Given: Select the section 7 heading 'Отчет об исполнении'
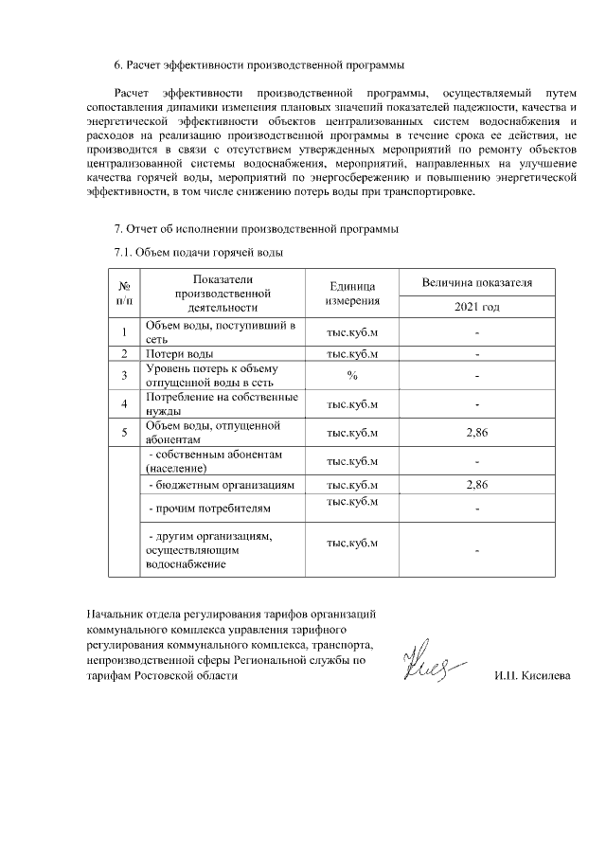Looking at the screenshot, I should point(256,229).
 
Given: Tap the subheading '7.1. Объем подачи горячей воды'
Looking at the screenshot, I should point(198,253).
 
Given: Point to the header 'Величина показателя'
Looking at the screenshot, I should point(477,283).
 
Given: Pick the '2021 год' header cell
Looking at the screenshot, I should point(477,307).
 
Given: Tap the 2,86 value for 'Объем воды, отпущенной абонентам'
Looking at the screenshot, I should point(477,433).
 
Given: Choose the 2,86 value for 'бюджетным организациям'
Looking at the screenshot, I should point(477,485).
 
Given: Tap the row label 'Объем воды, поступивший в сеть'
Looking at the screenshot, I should point(220,332).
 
